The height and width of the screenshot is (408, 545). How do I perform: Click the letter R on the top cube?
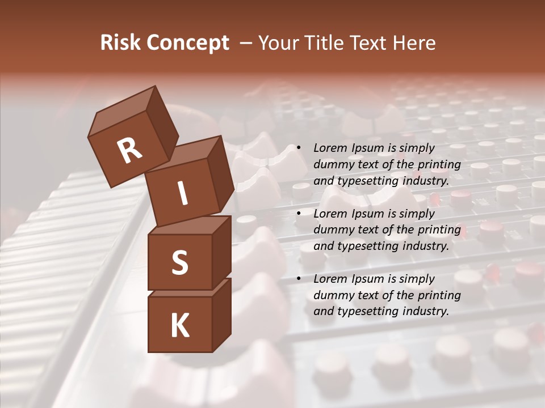129,150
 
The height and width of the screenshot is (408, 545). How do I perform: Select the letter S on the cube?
179,262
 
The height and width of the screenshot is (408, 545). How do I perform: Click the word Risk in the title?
120,42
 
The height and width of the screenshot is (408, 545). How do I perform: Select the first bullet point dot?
299,148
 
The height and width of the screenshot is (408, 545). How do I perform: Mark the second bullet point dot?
299,214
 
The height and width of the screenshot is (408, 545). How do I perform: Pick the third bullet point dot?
299,279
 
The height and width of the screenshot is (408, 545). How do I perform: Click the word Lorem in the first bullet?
330,148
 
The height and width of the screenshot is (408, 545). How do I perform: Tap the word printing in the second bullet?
438,230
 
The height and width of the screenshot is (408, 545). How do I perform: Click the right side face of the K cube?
221,314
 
